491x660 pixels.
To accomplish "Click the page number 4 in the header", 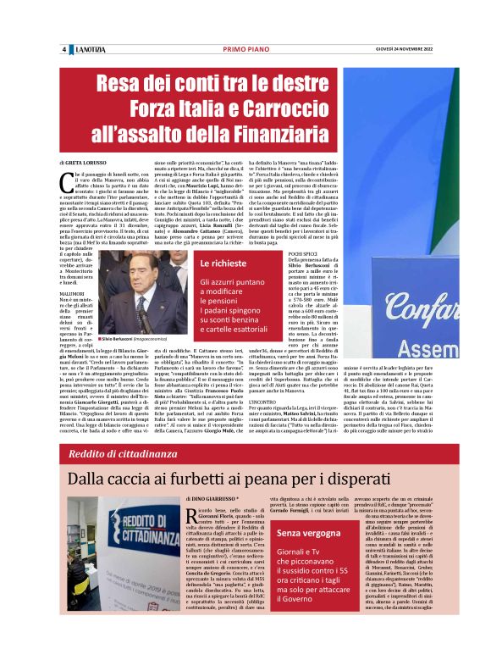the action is point(64,49).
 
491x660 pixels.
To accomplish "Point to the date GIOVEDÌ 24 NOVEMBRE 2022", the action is point(396,49).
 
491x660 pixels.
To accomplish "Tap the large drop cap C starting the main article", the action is point(65,178).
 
